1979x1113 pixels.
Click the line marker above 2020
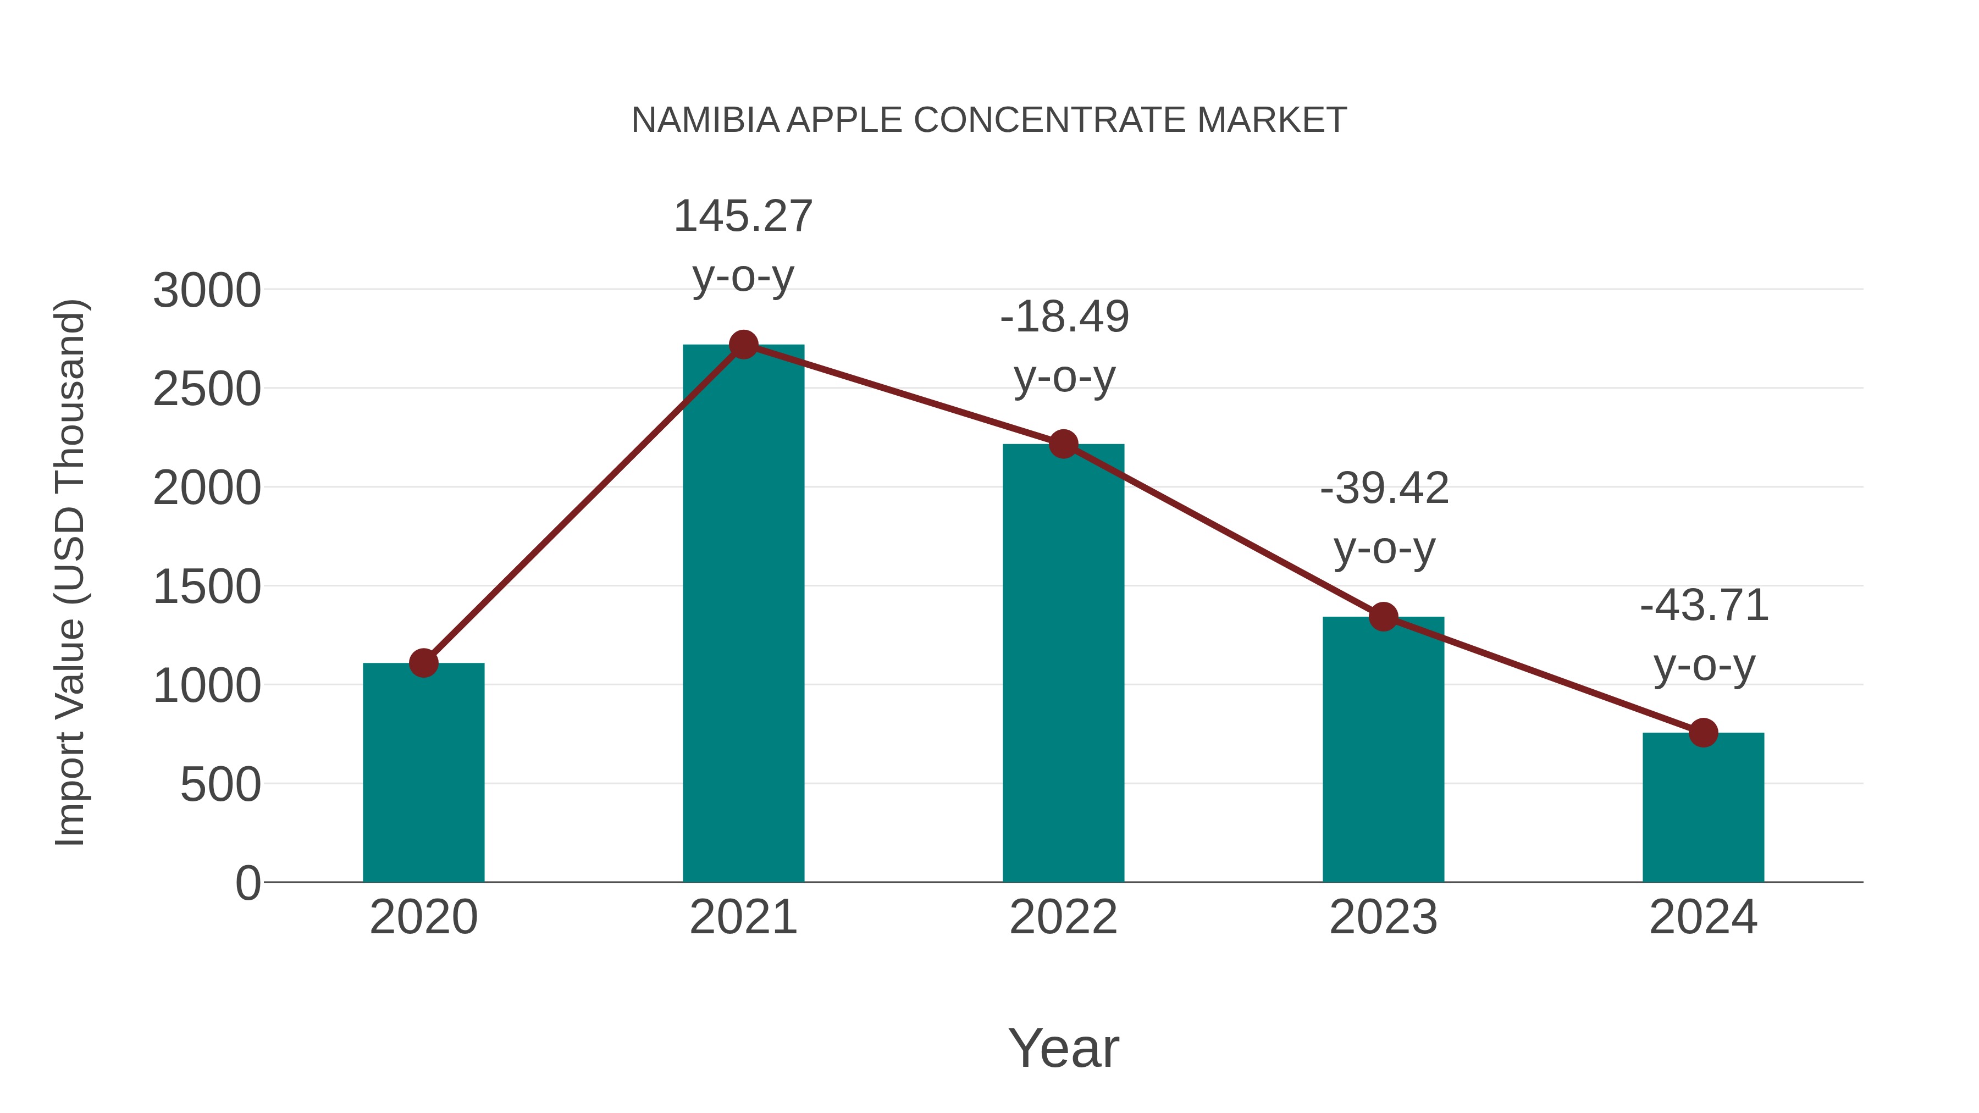coord(423,663)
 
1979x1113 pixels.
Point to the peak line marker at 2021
coord(743,345)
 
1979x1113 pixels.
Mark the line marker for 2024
coord(1703,733)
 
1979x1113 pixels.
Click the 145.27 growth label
coord(743,216)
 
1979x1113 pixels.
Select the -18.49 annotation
coord(1064,317)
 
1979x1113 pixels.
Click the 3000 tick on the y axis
coord(207,291)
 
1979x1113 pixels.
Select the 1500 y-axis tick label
coord(207,588)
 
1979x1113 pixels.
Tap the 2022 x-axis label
coord(1063,917)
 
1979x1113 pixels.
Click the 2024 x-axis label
coord(1703,917)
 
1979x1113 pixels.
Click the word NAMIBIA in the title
coord(705,120)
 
